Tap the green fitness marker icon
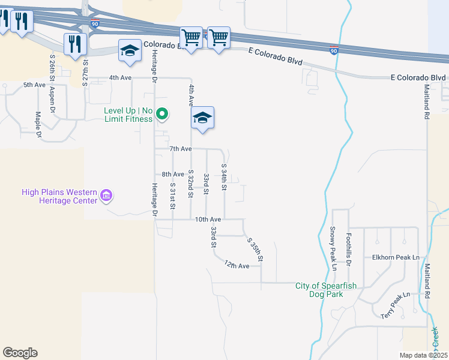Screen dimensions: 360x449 tap(161, 113)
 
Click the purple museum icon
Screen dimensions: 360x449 tap(107, 195)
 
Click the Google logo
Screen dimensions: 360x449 tap(20, 353)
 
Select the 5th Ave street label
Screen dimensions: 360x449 tap(35, 85)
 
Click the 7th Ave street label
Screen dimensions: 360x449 tap(180, 148)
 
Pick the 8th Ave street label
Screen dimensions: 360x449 tap(173, 174)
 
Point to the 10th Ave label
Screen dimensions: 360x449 tap(208, 220)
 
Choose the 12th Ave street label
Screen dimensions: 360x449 tap(237, 265)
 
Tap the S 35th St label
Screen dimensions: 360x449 tap(256, 249)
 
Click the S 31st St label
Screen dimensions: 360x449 tap(172, 196)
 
